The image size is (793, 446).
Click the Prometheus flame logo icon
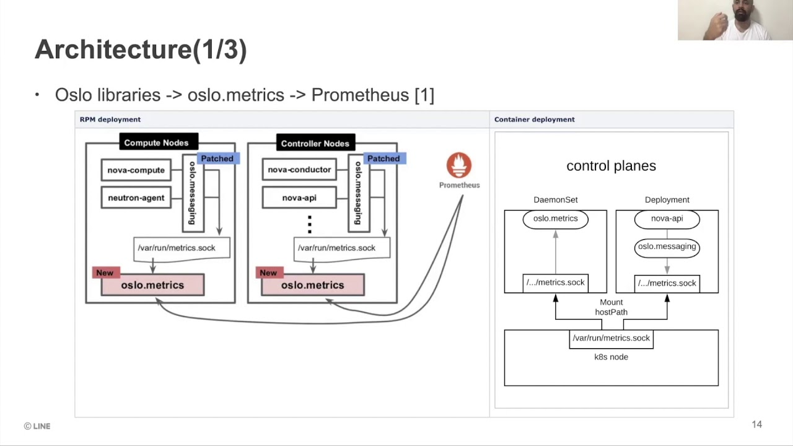click(x=459, y=165)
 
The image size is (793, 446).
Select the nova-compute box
click(x=136, y=170)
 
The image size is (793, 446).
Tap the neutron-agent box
click(x=136, y=198)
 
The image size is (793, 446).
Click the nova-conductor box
click(x=299, y=170)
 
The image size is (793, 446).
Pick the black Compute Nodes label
click(x=156, y=142)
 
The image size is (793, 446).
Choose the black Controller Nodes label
click(x=315, y=143)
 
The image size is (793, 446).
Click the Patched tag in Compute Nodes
click(x=217, y=159)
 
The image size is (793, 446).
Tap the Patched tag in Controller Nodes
click(x=383, y=159)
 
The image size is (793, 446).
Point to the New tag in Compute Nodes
click(x=105, y=273)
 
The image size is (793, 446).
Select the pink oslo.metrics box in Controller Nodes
click(x=313, y=285)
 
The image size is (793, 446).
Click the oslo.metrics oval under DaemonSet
click(x=555, y=219)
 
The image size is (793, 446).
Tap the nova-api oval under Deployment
click(x=667, y=219)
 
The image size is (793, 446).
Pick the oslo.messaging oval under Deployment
click(x=667, y=247)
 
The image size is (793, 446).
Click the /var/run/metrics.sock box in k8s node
click(x=611, y=338)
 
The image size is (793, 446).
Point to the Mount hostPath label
click(x=611, y=307)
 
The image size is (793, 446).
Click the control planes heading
click(x=611, y=166)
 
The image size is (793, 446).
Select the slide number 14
click(x=756, y=424)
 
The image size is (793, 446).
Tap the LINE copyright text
click(x=37, y=426)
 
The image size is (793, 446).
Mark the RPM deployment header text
click(x=110, y=120)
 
